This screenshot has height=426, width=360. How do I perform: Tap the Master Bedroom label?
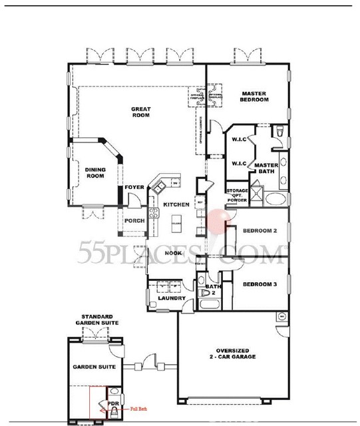[x=255, y=97]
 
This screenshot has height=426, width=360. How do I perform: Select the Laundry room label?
[x=172, y=299]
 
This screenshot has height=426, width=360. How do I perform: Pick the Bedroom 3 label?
[x=259, y=284]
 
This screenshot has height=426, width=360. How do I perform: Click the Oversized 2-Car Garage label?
[x=228, y=354]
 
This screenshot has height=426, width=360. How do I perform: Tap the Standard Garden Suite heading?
[x=100, y=319]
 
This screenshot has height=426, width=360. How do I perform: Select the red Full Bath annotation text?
[x=138, y=409]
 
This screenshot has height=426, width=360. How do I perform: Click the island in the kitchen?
[x=178, y=224]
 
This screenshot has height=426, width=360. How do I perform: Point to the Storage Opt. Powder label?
[x=238, y=194]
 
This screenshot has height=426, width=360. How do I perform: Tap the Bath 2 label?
[x=213, y=290]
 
